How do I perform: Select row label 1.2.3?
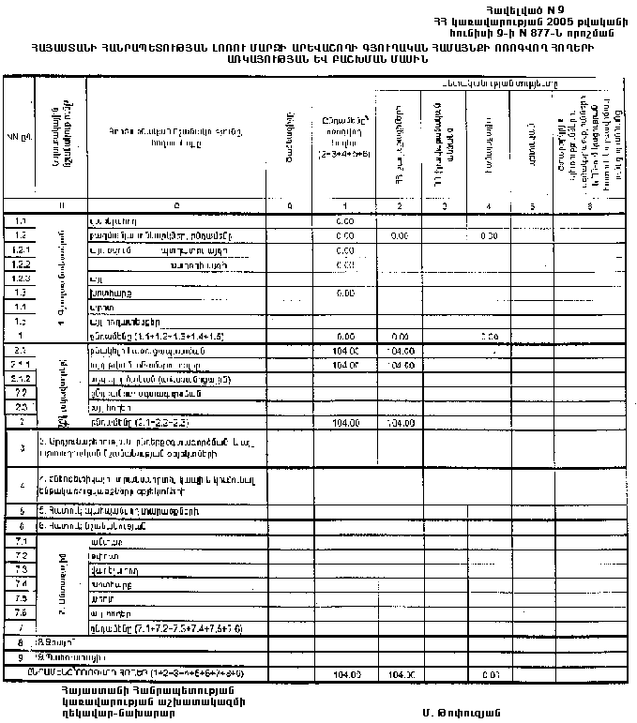pos(21,278)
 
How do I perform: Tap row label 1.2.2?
pos(21,264)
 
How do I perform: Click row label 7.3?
pos(21,570)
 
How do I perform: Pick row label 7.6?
pos(21,611)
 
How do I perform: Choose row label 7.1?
pos(21,542)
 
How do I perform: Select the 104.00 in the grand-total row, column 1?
pos(347,673)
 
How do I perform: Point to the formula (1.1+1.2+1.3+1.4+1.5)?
pos(170,334)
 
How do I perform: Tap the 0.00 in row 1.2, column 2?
pos(399,236)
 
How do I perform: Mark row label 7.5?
pos(21,597)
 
